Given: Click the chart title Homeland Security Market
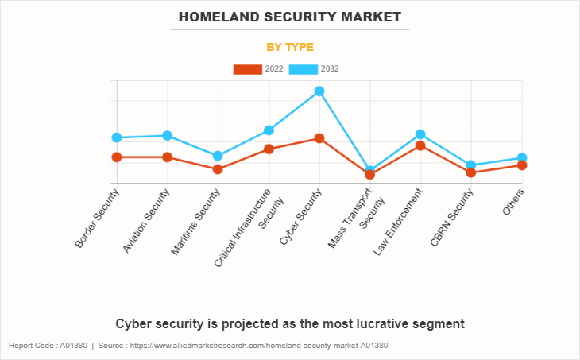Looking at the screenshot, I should click(290, 17).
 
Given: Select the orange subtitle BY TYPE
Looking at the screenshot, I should click(290, 47).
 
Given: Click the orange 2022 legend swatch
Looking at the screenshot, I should click(247, 69).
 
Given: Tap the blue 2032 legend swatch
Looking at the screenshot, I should click(304, 69).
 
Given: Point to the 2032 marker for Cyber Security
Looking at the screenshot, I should click(319, 91).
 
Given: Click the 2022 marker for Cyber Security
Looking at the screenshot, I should click(319, 138).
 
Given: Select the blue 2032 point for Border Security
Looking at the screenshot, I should click(117, 137).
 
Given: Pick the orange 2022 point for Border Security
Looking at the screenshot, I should click(117, 157).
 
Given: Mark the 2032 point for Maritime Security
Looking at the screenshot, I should click(218, 156).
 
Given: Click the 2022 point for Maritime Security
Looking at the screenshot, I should click(218, 169).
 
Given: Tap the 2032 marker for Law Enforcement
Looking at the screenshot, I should click(420, 134).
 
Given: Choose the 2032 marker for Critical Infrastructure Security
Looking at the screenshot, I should click(269, 130).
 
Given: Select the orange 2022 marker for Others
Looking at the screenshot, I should click(522, 165).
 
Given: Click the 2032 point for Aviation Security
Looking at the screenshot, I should click(167, 135).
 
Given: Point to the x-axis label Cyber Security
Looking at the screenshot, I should click(302, 217).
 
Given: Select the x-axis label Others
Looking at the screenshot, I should click(513, 202).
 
